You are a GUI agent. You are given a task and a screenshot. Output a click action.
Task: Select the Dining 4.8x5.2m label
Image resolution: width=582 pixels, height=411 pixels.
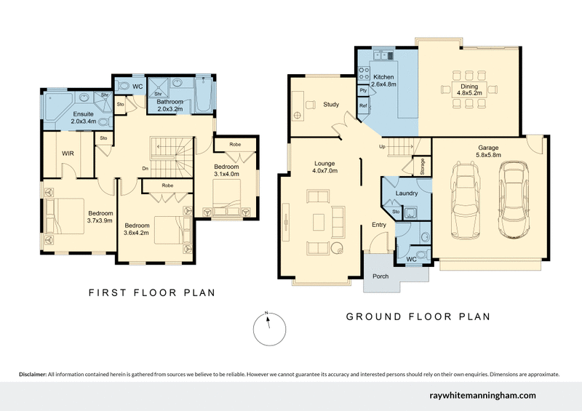point(470,89)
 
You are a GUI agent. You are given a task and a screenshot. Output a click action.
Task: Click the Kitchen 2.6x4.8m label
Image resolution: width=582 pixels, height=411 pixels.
point(383,81)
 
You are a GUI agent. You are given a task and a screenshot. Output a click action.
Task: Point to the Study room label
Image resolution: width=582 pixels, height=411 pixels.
point(331,105)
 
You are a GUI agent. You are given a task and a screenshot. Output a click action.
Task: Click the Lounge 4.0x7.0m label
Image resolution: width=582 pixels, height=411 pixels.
point(324,167)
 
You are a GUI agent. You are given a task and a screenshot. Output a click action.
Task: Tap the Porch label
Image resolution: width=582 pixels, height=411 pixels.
point(380,276)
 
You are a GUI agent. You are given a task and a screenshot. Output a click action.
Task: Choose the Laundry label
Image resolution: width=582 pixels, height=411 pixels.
point(406,193)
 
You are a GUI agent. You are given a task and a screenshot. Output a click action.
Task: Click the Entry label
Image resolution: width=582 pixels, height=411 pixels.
point(379,225)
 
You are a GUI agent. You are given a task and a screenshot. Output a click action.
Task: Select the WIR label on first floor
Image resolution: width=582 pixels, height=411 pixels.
point(68,153)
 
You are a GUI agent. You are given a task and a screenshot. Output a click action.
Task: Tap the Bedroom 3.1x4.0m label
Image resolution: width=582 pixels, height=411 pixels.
point(226,170)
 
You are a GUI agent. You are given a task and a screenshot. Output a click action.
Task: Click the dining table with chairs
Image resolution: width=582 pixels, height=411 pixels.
point(470,90)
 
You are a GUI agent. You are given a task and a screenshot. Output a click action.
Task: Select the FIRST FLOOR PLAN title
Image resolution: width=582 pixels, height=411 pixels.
point(151,292)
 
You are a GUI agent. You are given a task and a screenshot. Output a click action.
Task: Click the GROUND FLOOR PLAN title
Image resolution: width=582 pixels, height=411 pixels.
point(417,316)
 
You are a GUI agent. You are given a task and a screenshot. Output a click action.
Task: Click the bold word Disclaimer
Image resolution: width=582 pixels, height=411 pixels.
point(32,374)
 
